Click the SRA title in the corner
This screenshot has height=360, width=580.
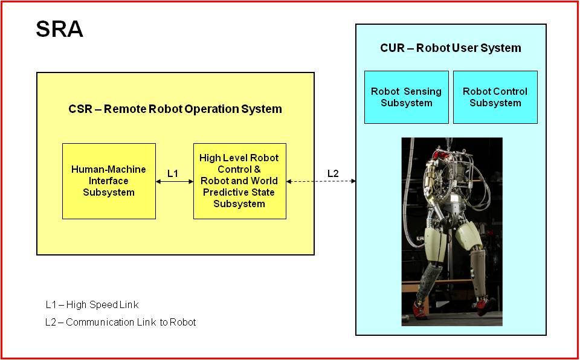pos(59,29)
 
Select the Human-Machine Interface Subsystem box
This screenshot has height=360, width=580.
pos(109,181)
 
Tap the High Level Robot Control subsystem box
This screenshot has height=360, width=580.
pos(240,181)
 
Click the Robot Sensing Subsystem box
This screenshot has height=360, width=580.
pos(406,97)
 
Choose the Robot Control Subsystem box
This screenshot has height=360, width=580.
pos(495,97)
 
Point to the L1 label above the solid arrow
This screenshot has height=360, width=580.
pos(173,173)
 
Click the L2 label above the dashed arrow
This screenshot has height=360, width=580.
pos(333,173)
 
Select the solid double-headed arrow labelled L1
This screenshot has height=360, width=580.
pos(175,181)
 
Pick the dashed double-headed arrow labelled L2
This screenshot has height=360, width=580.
pos(321,181)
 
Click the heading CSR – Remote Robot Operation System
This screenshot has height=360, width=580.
pos(175,109)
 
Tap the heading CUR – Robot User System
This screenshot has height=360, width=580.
pos(451,48)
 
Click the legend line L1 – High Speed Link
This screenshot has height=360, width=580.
pos(92,305)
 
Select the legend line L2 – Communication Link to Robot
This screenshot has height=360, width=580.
pos(121,322)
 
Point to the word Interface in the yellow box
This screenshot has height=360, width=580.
pos(108,181)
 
